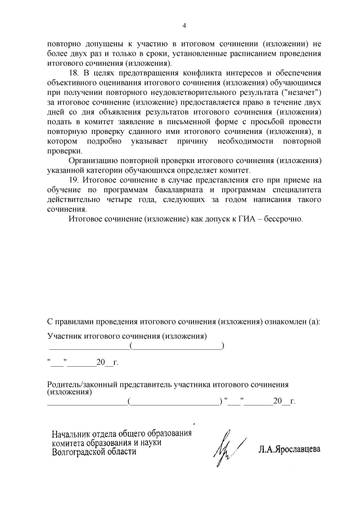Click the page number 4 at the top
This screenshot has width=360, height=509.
184,24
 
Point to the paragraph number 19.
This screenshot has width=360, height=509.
74,179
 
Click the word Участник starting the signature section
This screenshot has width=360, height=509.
64,336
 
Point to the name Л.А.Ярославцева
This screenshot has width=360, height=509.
290,450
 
